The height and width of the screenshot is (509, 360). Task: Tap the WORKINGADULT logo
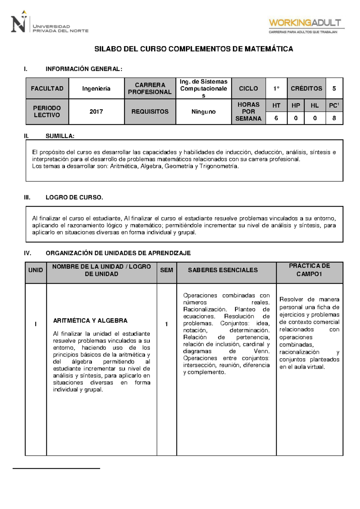click(x=306, y=26)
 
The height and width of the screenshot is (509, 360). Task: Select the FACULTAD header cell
click(x=47, y=89)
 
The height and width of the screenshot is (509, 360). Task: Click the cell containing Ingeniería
click(x=96, y=89)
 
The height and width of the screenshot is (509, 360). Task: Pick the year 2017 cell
click(x=96, y=112)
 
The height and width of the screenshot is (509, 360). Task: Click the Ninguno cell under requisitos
click(x=203, y=112)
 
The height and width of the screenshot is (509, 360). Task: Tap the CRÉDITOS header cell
click(x=306, y=89)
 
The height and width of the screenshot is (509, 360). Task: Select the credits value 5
click(x=334, y=89)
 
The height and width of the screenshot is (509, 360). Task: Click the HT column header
click(x=276, y=105)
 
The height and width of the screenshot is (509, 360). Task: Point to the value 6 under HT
click(x=276, y=118)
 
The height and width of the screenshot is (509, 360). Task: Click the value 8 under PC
click(x=334, y=118)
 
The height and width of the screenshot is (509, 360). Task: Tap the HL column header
click(x=315, y=105)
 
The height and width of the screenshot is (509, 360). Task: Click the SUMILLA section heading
click(x=60, y=136)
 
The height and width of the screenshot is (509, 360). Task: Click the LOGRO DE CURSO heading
click(x=74, y=197)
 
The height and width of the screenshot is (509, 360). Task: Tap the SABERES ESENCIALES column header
click(x=223, y=270)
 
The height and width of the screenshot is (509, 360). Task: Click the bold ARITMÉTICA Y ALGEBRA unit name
click(x=90, y=321)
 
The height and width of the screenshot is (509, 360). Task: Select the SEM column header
click(x=166, y=270)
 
